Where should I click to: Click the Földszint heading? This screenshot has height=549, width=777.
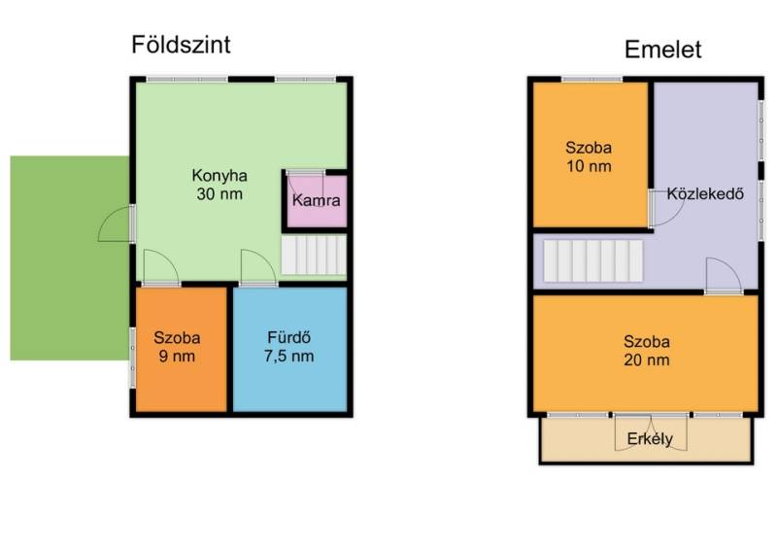181,45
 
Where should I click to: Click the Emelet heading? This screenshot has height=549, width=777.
662,50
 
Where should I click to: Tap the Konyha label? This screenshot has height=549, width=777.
220,176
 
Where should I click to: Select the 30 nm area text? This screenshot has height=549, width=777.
220,194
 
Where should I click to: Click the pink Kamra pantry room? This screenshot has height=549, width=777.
317,201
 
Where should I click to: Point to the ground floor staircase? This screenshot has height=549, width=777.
314,255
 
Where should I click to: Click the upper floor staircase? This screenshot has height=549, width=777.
593,260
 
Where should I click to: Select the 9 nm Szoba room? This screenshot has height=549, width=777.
182,349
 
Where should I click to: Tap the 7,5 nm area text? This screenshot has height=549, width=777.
288,356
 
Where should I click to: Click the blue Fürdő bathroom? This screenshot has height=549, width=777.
289,349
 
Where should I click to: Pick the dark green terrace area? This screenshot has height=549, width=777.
70,257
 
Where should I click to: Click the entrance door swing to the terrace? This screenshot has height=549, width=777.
116,223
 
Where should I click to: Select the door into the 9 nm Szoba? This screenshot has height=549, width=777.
161,268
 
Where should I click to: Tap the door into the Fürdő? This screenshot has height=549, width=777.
258,268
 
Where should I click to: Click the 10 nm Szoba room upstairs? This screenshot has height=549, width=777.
591,154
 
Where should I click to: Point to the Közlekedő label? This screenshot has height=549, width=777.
705,193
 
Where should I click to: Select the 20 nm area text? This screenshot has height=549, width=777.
647,360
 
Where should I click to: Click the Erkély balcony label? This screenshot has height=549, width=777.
650,439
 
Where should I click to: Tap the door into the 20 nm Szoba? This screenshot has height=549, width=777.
724,276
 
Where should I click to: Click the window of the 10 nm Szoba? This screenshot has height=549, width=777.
591,79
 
